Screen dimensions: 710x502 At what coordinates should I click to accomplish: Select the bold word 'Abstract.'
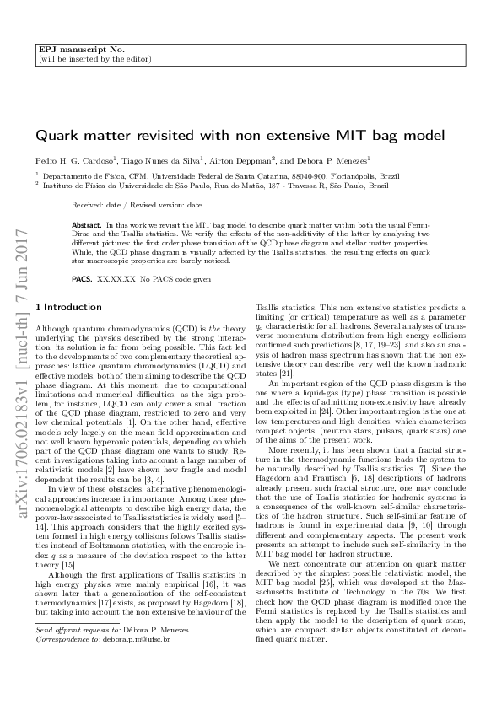pos(87,226)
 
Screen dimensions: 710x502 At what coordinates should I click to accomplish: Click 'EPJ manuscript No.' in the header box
pos(72,49)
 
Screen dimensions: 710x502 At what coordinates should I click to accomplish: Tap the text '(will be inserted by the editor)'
pos(94,59)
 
